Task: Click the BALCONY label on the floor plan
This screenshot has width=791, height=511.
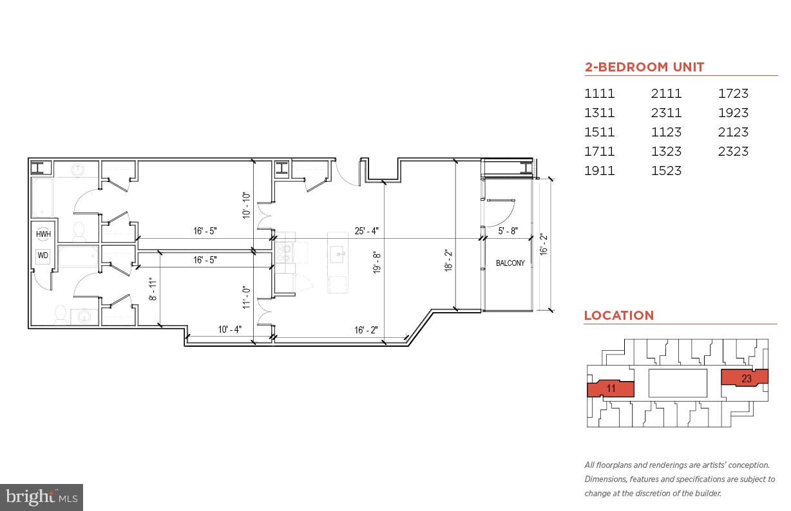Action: (510, 263)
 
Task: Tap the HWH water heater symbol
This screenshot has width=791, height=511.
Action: (43, 235)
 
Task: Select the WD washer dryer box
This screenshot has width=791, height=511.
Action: (43, 256)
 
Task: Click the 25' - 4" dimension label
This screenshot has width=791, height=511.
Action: (366, 231)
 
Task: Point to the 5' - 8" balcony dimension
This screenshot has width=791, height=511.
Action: (507, 231)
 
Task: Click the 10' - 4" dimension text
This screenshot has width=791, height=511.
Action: (229, 330)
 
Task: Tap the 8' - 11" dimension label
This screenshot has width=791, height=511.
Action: (153, 290)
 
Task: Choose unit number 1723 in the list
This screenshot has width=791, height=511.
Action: (733, 94)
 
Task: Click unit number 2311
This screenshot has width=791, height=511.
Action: (666, 113)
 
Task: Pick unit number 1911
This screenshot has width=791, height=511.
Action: (599, 171)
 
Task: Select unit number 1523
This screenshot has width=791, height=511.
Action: (666, 171)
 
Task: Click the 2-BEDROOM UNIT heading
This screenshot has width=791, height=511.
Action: (644, 67)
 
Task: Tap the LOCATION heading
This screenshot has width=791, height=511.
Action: (618, 315)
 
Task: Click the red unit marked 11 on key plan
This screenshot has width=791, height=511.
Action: (611, 388)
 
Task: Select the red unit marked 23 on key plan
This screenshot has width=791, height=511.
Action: (745, 378)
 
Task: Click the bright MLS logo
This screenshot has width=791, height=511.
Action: (41, 497)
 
